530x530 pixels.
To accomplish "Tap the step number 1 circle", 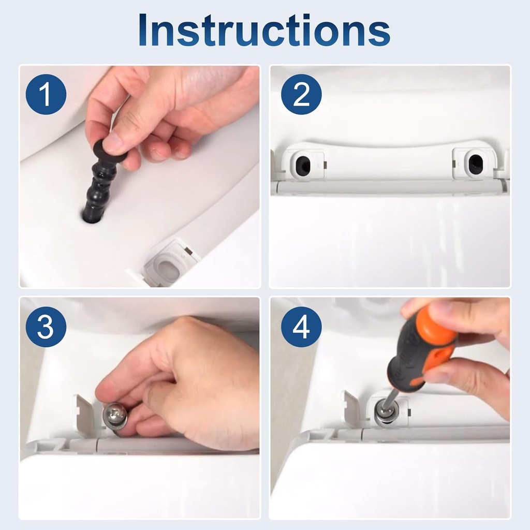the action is pos(46,94).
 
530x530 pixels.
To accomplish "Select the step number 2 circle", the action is pos(301,94).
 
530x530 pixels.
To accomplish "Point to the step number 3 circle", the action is pos(46,327).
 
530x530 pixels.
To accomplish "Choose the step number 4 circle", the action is pos(301,327).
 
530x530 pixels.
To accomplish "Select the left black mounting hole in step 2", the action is pos(302,165).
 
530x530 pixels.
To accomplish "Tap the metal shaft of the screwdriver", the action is pos(390,399).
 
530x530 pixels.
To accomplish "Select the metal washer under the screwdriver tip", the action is pos(386,413).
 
